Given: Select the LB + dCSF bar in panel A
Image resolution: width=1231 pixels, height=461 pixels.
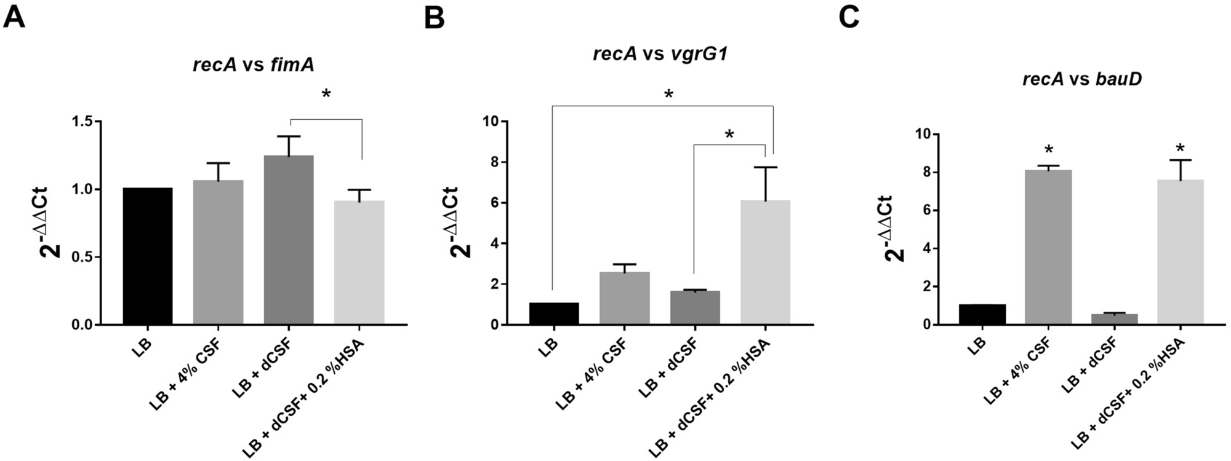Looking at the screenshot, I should tap(289, 240).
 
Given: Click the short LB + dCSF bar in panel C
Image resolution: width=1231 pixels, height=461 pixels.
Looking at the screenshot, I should tap(1114, 319).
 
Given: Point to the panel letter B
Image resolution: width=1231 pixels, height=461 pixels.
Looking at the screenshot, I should tap(435, 18).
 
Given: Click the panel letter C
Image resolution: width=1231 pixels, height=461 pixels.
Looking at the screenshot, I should tap(849, 17).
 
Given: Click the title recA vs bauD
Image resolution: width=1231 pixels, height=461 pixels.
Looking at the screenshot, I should tap(1081, 79).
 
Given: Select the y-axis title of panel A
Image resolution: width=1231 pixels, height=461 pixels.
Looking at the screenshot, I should tap(54, 223).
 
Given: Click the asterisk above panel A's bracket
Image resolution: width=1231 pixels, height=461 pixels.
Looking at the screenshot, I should tap(326, 95).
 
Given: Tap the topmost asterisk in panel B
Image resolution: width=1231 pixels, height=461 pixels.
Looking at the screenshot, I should tap(668, 95).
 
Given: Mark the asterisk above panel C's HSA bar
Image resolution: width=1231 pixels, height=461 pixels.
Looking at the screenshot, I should tap(1180, 149).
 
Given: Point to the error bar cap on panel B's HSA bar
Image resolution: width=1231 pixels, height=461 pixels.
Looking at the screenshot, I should tap(765, 167).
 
